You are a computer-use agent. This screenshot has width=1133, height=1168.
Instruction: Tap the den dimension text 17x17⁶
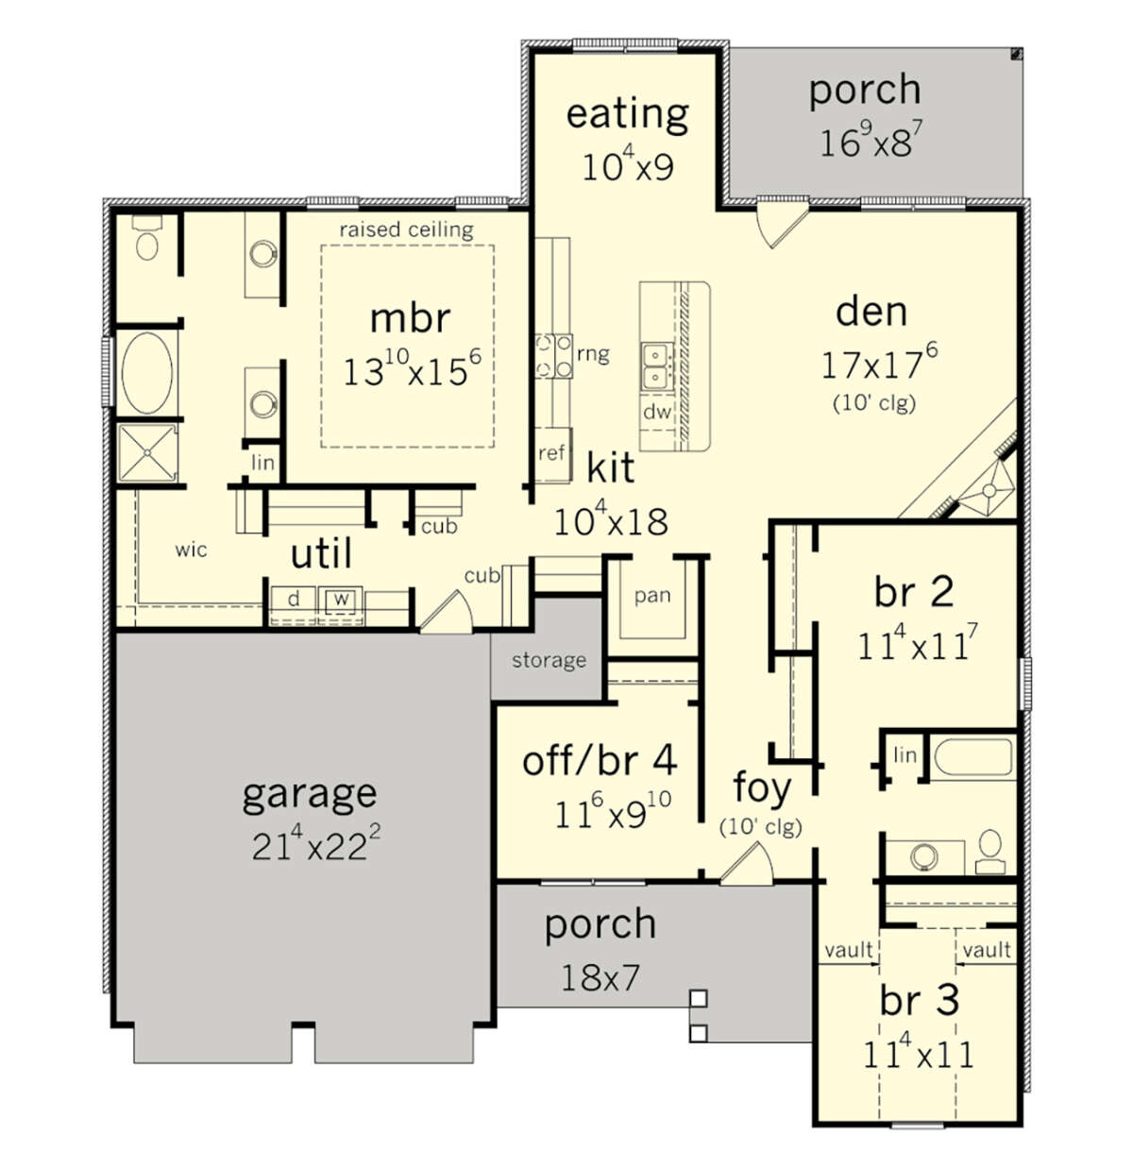pos(879,363)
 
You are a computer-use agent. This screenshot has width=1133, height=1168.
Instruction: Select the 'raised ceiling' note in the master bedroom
pos(406,229)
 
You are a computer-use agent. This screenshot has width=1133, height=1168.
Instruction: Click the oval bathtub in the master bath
pos(146,373)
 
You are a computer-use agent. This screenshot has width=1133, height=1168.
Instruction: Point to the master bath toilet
pos(146,239)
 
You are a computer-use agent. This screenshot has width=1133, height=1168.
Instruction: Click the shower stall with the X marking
pos(147,452)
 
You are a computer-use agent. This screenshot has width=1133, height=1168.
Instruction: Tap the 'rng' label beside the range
pos(593,354)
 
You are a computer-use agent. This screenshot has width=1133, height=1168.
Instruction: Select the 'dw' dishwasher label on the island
pos(656,412)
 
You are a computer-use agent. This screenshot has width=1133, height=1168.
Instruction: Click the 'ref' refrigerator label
pos(550,452)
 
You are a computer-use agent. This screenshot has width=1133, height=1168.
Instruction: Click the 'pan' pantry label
pos(652,596)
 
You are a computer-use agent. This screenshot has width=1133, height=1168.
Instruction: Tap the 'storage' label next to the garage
pos(549,660)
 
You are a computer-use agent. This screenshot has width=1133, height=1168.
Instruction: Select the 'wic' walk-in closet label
pos(191,550)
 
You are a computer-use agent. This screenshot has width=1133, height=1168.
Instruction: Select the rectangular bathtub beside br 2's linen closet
pos(972,758)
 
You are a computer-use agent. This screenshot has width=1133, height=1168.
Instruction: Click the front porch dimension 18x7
pos(600,978)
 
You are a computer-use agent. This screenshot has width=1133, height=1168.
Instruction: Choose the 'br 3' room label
pos(919,1001)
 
